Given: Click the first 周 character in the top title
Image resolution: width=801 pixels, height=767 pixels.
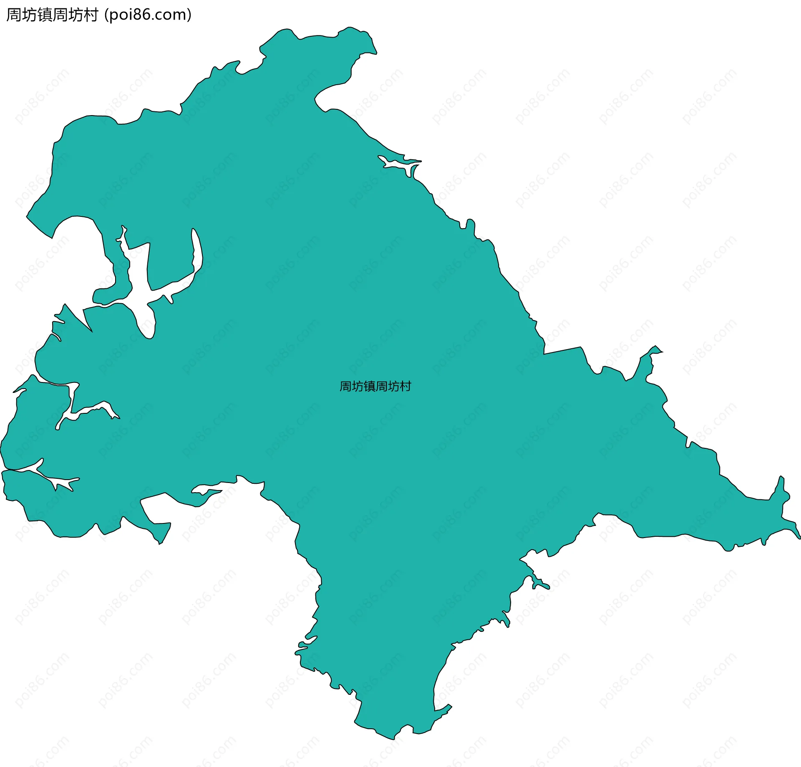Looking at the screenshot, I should [14, 15].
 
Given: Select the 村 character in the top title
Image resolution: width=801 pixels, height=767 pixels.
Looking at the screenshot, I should [91, 15].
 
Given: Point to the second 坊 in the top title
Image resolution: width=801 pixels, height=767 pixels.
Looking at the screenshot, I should [76, 15].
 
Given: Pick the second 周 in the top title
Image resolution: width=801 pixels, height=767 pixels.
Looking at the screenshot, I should [60, 15].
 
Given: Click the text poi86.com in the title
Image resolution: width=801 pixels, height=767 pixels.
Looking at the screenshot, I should [148, 15].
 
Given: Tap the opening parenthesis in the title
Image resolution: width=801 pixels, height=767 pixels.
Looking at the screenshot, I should [106, 15].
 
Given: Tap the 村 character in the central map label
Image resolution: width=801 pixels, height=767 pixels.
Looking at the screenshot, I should [405, 387].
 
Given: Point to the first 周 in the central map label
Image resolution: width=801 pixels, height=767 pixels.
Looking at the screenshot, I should [345, 387].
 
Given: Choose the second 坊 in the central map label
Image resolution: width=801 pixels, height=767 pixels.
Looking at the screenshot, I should [393, 387].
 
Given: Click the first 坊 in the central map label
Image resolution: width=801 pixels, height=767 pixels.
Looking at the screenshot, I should [358, 387].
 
